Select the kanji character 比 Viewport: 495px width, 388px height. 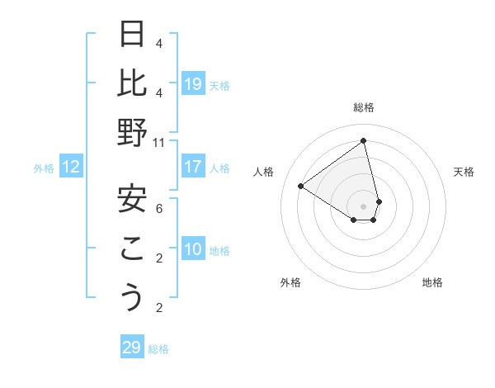pos(132,83)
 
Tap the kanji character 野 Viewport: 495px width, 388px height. pos(132,132)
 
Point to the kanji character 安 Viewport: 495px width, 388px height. pos(132,199)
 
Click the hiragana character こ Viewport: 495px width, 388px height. pos(132,248)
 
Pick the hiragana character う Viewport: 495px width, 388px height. pos(132,297)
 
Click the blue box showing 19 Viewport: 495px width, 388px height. pos(193,83)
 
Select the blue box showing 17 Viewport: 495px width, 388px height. pos(193,167)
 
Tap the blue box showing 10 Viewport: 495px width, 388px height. pos(193,249)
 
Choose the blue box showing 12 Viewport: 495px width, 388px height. pos(71,168)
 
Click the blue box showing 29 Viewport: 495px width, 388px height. pos(132,348)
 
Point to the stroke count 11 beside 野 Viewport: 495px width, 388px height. pos(159,143)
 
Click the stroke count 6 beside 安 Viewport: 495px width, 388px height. pos(159,210)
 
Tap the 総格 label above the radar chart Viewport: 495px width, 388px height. pos(364,107)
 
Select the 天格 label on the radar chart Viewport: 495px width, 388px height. pos(464,172)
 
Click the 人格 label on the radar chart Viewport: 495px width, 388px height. pos(264,172)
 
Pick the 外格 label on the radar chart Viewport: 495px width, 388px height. pos(290,282)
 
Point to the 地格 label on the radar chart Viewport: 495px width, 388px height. pos(432,282)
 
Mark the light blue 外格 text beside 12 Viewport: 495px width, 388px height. pos(44,168)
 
